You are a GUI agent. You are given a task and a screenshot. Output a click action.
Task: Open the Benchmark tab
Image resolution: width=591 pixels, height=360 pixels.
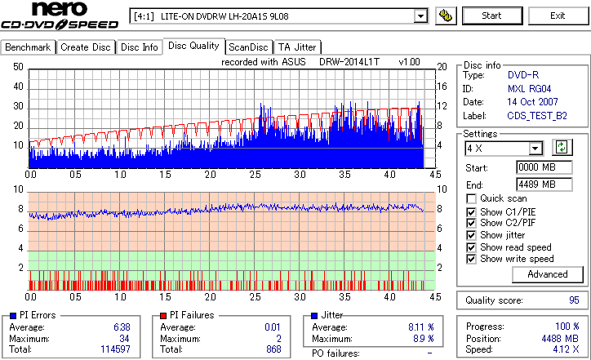pyautogui.click(x=29, y=47)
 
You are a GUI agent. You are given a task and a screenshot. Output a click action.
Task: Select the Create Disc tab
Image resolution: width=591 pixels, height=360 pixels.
pyautogui.click(x=86, y=47)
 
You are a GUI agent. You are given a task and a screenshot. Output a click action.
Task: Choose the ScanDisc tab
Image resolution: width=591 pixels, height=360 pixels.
pyautogui.click(x=248, y=47)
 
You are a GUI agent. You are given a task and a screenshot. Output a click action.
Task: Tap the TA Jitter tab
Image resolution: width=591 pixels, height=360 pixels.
pyautogui.click(x=297, y=47)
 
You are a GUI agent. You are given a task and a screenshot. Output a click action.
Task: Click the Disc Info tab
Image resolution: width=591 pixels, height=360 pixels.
pyautogui.click(x=140, y=47)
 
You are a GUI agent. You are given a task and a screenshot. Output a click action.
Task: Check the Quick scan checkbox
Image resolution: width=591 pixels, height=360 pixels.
pyautogui.click(x=472, y=199)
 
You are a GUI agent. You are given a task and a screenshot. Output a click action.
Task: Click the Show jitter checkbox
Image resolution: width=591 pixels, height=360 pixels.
pyautogui.click(x=472, y=235)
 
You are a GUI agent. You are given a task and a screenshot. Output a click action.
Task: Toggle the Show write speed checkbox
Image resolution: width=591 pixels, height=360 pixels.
pyautogui.click(x=472, y=259)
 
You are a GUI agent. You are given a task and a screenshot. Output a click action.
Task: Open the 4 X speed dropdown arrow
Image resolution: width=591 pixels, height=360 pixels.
pyautogui.click(x=535, y=149)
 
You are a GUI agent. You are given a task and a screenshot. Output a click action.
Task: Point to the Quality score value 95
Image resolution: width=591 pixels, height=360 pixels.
pyautogui.click(x=574, y=300)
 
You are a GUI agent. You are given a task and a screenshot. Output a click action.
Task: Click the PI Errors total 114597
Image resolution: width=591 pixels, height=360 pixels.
pyautogui.click(x=113, y=349)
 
